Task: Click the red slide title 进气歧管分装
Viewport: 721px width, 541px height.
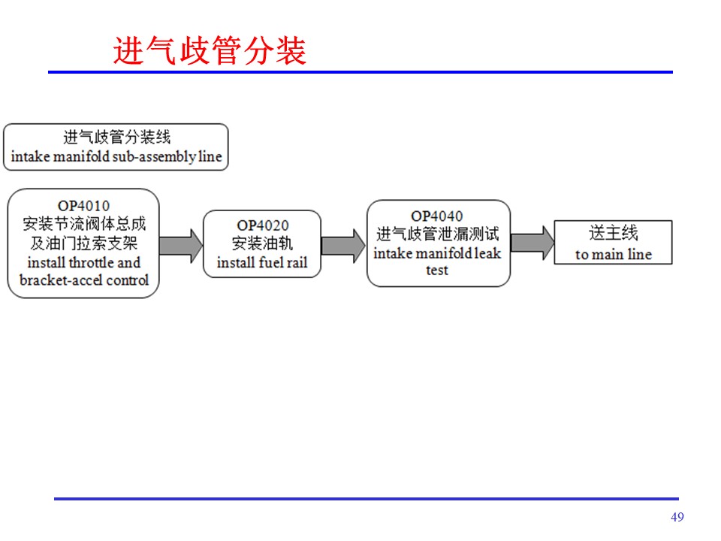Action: pyautogui.click(x=210, y=50)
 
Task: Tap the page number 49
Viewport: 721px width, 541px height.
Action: pyautogui.click(x=677, y=517)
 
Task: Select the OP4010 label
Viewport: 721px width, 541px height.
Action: pyautogui.click(x=83, y=206)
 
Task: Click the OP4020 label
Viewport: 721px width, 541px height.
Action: pyautogui.click(x=263, y=225)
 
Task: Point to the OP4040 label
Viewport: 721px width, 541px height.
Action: pyautogui.click(x=437, y=216)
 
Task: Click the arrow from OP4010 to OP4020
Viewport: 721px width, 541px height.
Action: pyautogui.click(x=181, y=246)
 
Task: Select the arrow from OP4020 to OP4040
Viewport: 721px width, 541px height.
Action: pyautogui.click(x=343, y=246)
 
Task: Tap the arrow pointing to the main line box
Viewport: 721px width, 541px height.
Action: pyautogui.click(x=532, y=243)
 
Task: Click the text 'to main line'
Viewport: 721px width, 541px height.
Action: pyautogui.click(x=614, y=255)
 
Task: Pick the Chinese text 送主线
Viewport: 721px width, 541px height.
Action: pyautogui.click(x=614, y=233)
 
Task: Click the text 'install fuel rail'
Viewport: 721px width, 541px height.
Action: pyautogui.click(x=262, y=263)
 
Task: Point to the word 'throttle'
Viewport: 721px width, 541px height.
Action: pyautogui.click(x=91, y=263)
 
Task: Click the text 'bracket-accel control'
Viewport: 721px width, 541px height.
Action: pyautogui.click(x=84, y=280)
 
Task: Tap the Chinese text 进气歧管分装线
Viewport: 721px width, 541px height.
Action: pyautogui.click(x=117, y=137)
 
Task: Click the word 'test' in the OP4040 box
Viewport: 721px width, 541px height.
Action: pyautogui.click(x=437, y=270)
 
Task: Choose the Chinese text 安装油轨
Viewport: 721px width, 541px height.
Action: pyautogui.click(x=262, y=243)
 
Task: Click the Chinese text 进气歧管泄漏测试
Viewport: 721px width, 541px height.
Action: pyautogui.click(x=438, y=234)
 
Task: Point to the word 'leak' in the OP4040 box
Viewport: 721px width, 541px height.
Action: pyautogui.click(x=487, y=253)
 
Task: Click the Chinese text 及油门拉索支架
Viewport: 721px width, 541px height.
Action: pyautogui.click(x=84, y=243)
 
